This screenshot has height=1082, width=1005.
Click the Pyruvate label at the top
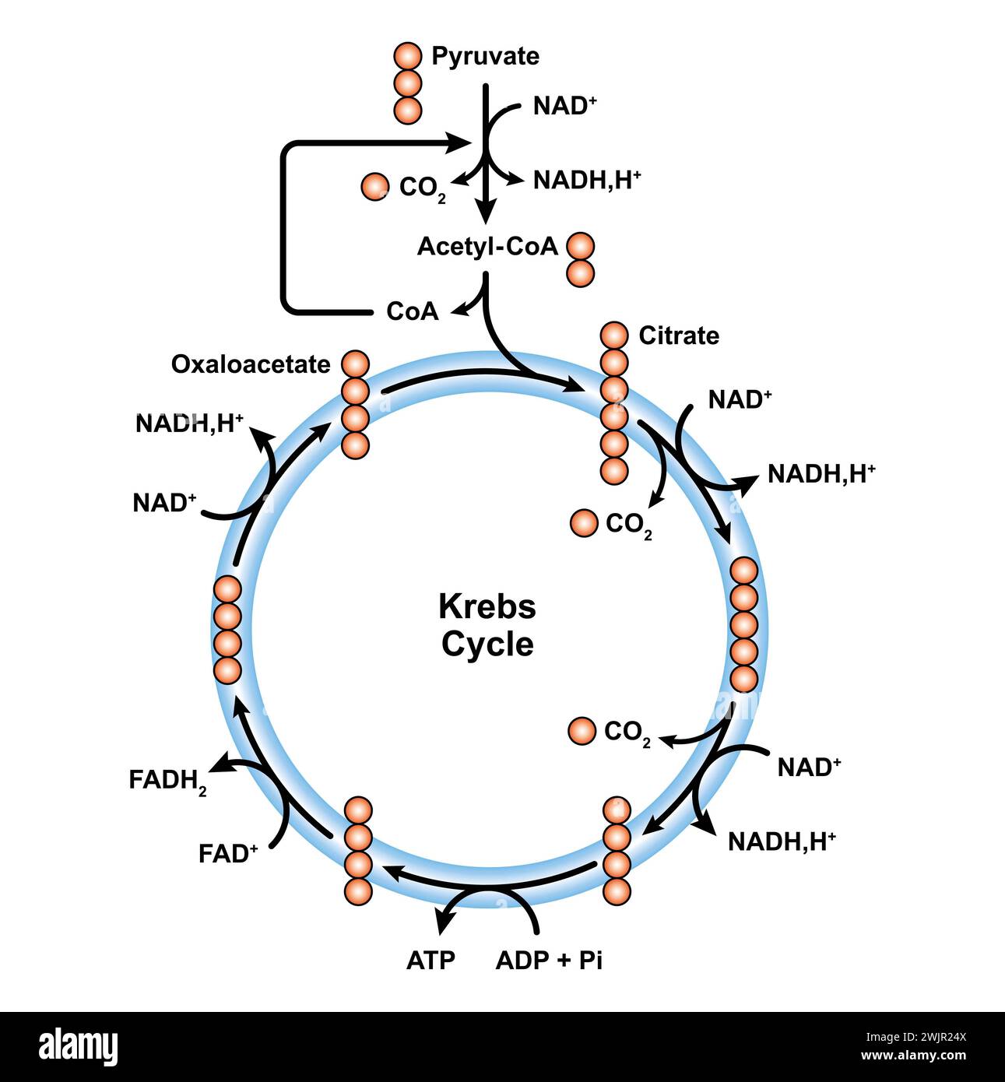point(485,57)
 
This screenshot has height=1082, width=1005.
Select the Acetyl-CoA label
point(487,246)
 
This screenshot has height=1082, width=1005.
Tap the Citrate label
point(678,335)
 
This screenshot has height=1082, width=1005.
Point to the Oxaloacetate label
point(251,364)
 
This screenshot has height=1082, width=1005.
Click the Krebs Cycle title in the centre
point(487,625)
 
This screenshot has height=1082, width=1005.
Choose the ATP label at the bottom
point(430,960)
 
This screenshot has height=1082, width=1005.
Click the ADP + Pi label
point(549,960)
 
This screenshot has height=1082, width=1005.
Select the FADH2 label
point(167,781)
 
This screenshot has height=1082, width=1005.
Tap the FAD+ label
point(227,854)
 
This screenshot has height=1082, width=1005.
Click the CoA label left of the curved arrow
point(412,311)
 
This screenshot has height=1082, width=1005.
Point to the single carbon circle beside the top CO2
point(375,187)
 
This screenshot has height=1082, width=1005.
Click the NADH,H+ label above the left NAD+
point(189,423)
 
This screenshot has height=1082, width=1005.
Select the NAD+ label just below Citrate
point(740,399)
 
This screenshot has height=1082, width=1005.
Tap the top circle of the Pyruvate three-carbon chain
point(407,57)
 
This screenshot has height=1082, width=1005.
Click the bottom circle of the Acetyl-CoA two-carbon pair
point(580,273)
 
